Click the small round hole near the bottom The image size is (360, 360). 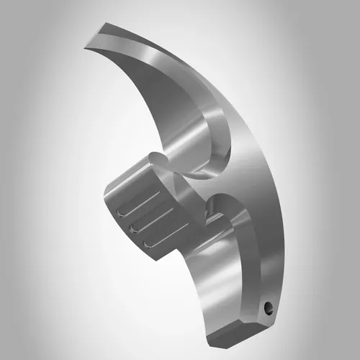tap(269, 307)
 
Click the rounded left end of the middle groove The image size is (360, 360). tap(134, 228)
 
